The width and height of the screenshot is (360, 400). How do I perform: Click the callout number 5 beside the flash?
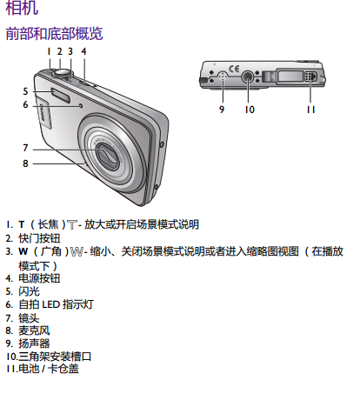click(25, 91)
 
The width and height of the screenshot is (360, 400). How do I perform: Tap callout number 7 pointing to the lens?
click(25, 148)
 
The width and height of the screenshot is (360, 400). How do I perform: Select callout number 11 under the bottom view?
click(310, 110)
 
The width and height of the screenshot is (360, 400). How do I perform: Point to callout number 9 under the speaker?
click(222, 110)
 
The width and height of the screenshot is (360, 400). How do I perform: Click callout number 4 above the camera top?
click(83, 51)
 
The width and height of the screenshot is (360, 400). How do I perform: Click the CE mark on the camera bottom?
click(234, 69)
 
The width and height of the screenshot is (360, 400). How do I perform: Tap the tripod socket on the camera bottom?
click(248, 77)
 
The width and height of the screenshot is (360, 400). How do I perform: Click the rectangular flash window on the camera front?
click(61, 95)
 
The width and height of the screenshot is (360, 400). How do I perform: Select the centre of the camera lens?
click(107, 156)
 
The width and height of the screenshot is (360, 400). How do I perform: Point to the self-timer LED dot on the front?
click(81, 106)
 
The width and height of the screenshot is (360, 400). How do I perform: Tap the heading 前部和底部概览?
click(54, 33)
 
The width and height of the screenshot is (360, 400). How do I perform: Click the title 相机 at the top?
click(22, 8)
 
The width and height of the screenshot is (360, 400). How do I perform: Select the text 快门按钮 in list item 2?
click(39, 238)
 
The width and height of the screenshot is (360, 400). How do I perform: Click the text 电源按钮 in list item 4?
click(39, 278)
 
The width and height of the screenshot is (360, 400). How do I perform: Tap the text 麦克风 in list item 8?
click(34, 330)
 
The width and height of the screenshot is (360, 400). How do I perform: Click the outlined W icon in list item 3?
click(77, 251)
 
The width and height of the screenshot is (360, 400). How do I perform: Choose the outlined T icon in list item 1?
click(72, 224)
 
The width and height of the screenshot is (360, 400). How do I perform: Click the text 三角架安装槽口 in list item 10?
click(55, 357)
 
